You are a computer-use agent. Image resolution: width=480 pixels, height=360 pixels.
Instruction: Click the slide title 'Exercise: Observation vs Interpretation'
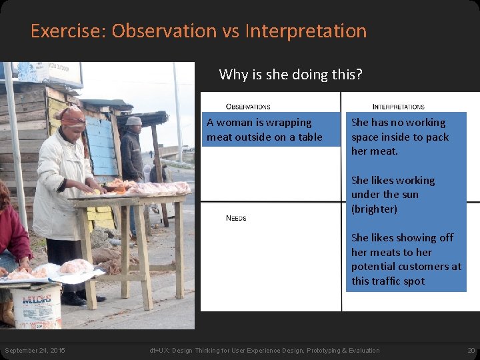click(199, 31)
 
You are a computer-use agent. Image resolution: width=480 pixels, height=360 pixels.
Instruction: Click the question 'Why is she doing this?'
click(291, 74)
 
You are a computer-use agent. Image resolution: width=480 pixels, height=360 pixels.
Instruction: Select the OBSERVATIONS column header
click(248, 107)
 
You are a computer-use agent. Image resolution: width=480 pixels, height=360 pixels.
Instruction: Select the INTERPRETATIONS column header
click(398, 107)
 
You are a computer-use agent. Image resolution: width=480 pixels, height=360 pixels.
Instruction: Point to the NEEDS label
click(236, 218)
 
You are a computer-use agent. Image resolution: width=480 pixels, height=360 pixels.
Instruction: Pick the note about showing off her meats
click(405, 259)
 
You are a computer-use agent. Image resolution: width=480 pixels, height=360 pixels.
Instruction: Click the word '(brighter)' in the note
click(374, 209)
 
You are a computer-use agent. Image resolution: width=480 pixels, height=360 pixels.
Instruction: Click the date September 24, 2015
click(35, 351)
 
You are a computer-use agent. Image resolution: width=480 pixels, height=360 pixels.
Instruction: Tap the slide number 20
click(471, 351)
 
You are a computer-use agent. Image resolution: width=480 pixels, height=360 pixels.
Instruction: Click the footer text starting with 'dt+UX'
click(264, 351)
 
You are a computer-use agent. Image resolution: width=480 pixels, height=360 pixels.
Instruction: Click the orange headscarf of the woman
click(72, 117)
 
